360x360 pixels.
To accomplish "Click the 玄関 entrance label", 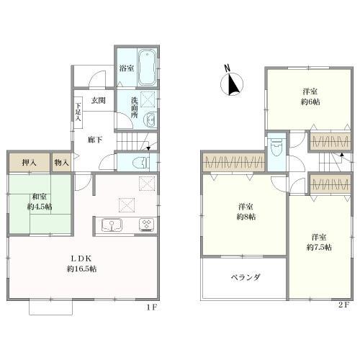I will pos(99,100).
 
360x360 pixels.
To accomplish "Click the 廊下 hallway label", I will pos(94,140).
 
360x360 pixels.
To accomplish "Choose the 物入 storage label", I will pos(62,163).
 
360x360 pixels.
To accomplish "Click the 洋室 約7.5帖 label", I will pos(318,241).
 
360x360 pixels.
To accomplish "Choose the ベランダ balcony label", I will pos(245,277).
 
